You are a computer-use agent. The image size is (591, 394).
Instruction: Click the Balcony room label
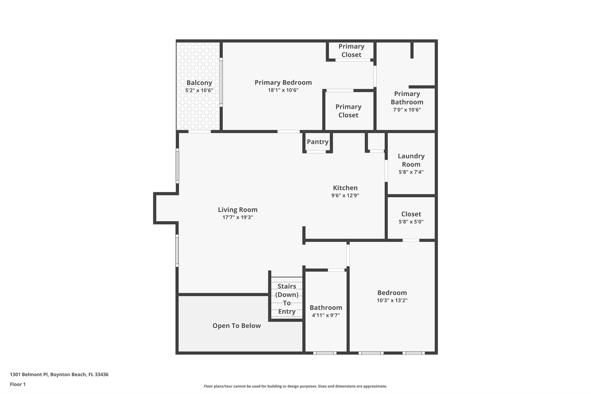[199, 83]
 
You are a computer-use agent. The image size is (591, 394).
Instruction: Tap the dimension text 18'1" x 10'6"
[283, 90]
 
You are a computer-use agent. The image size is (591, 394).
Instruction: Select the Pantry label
[317, 142]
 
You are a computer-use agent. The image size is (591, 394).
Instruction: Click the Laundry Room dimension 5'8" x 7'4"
[411, 172]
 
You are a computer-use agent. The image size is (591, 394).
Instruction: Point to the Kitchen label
[345, 188]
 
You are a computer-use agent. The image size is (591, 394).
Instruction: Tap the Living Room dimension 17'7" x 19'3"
[237, 217]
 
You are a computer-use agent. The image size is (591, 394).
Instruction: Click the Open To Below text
[237, 326]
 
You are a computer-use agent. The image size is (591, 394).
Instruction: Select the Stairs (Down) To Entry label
[287, 299]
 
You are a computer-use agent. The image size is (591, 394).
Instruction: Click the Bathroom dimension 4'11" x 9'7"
[326, 315]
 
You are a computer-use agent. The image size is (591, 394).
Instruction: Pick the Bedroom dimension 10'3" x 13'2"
[392, 300]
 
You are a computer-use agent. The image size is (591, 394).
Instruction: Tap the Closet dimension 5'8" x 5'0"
[411, 222]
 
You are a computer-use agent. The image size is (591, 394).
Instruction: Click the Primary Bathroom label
[407, 98]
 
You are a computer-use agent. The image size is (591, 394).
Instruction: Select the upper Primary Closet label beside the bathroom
[351, 51]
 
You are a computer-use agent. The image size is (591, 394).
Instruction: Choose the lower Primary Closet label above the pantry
[348, 111]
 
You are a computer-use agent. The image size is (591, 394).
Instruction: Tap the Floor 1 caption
[18, 384]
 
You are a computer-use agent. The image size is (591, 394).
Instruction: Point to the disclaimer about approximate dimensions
[295, 386]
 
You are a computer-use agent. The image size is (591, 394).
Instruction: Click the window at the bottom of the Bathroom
[325, 353]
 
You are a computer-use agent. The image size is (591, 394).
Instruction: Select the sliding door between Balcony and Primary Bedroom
[221, 82]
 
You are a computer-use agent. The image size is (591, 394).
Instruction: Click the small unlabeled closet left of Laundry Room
[376, 141]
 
